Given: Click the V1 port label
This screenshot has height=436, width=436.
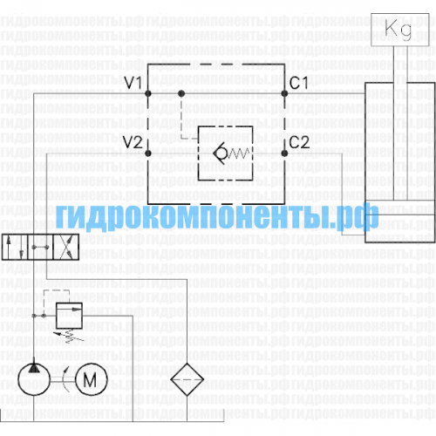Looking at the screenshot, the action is pos(133,83).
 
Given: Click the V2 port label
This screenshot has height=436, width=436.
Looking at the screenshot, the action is pos(133,142).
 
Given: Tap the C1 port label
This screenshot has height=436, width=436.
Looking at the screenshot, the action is pos(299,83).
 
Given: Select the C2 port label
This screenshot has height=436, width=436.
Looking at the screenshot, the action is pos(299,142).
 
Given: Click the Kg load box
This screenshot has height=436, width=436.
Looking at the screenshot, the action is pos(400,30).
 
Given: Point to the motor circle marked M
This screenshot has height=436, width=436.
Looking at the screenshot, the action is pos(92,379).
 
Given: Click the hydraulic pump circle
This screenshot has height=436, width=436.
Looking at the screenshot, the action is pos(34,379).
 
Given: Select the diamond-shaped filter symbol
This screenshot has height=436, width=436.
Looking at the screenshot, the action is pos(187,379).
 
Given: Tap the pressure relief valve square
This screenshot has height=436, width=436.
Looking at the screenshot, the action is pos(69,316).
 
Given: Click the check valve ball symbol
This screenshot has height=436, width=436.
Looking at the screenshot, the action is pos(221,153).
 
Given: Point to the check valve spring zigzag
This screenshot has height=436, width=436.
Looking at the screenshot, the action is pos(239,153).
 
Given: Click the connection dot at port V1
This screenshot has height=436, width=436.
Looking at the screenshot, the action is pos(148,93).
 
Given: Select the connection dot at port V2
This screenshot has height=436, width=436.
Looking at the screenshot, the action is pos(148,153).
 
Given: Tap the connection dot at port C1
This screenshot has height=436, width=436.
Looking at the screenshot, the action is pos(284,93).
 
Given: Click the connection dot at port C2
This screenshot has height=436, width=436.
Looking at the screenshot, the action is pos(284,153).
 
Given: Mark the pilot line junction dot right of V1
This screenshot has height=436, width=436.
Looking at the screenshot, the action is pos(181,93).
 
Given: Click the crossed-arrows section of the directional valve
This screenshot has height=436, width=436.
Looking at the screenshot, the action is pos(66,247).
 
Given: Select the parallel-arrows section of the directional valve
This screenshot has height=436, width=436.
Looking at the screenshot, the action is pos(15,247).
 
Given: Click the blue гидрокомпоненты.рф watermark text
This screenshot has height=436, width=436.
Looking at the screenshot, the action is pos(217,216).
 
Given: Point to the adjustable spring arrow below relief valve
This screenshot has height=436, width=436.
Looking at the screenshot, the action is pos(70,335).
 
